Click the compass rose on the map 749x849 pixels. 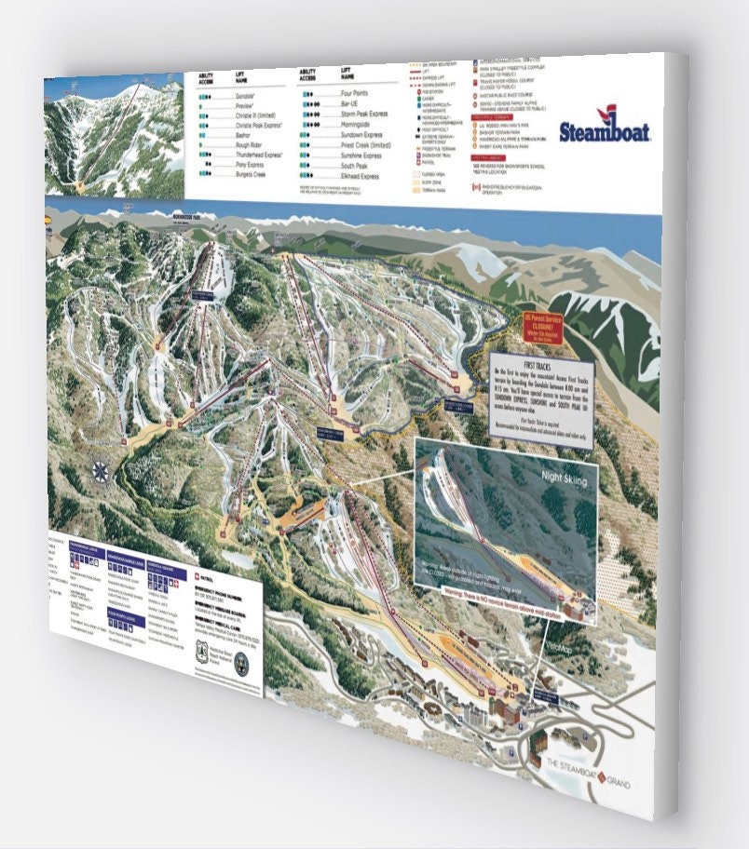[98, 471]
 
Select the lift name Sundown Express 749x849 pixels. [361, 134]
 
